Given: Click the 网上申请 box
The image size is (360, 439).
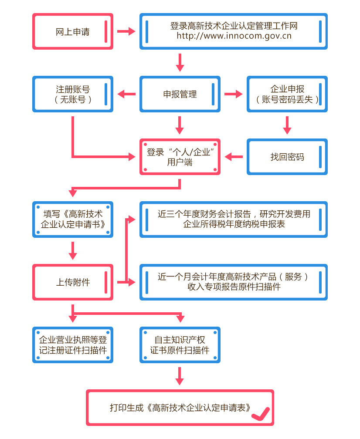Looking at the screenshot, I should coord(73,31).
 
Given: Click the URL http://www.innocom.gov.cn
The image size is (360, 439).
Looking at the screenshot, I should coord(234,36).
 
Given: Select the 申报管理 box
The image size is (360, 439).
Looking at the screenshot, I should coord(180,94).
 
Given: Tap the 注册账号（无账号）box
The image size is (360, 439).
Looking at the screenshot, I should coord(73,94).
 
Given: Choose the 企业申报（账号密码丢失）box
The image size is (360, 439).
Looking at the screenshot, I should coord(287,94).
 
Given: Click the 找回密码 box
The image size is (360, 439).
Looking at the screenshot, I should coord(287,157).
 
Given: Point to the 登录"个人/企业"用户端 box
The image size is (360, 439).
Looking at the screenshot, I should coord(180,157).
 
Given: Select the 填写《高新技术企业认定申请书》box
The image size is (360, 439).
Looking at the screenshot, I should coord(73,219).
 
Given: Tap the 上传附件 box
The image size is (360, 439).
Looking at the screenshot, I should coord(73,282).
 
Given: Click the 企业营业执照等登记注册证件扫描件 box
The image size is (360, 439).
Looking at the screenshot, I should coord(73,345).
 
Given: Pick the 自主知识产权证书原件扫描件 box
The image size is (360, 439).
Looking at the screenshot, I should coord(180,345).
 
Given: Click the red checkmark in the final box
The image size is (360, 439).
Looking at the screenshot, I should coord(261,412).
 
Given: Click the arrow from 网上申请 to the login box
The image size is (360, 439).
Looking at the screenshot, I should coord(126,31).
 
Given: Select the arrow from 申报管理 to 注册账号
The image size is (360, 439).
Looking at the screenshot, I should coord(126,94).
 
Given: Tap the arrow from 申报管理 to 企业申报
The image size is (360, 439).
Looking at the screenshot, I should coord(233,94).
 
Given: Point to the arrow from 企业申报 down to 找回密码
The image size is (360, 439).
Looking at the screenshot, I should coord(287,125).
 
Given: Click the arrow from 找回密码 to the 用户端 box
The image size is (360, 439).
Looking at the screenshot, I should coord(234,157).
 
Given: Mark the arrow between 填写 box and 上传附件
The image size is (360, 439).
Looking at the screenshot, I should coord(73,250).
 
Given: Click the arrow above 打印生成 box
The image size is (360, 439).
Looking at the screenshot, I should coord(180,376).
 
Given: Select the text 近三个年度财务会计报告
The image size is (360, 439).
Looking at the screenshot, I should coord(204,214).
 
